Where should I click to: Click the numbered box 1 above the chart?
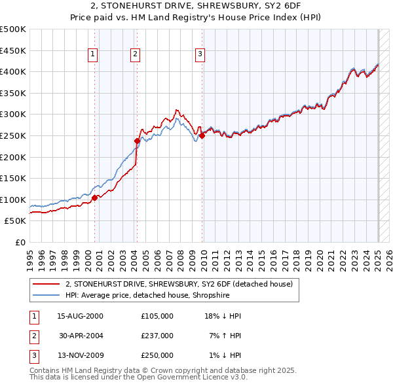tap(94, 54)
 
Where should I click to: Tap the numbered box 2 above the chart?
tap(135, 54)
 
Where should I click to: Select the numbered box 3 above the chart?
tap(200, 54)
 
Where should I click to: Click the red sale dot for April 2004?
tap(137, 141)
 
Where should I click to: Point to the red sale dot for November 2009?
tap(202, 135)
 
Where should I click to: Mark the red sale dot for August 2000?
tap(94, 197)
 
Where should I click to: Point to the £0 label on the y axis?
tap(19, 242)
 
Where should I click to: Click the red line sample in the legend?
tap(46, 284)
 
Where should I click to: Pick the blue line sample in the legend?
tap(46, 295)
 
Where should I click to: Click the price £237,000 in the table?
tap(157, 336)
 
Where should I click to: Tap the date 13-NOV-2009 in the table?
tap(81, 355)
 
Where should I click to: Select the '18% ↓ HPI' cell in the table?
tap(223, 316)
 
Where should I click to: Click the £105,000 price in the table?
tap(157, 316)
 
